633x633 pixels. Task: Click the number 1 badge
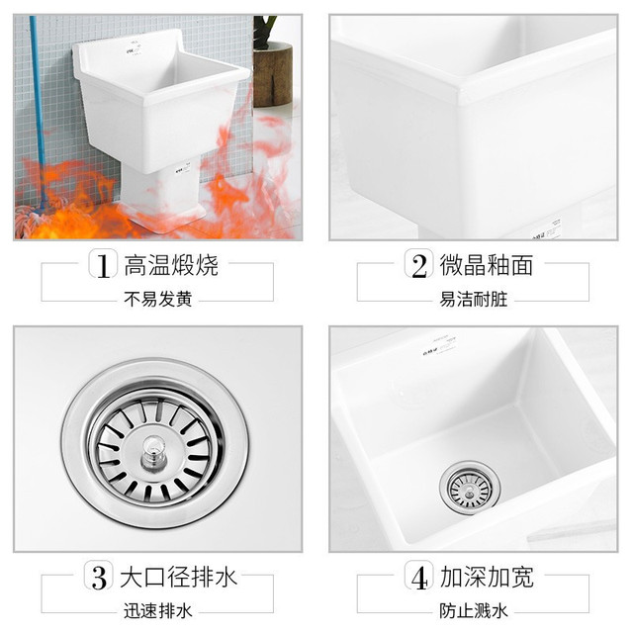point(103,264)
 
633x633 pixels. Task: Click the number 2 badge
point(419,264)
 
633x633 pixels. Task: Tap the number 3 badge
point(99,576)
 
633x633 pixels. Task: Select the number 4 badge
point(419,576)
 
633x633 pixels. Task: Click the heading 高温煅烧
point(171,265)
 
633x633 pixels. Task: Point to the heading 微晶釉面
point(487,265)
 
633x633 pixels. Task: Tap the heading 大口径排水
point(178,577)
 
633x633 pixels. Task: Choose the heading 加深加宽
point(487,577)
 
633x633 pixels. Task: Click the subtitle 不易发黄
point(158,299)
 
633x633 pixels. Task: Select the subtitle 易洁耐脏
point(474,299)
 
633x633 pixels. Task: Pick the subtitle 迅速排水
point(158,611)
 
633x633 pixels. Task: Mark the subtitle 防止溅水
point(474,611)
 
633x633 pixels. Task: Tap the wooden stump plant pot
point(273,75)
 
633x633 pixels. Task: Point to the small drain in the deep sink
point(470,489)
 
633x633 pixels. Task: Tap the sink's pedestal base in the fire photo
point(161,198)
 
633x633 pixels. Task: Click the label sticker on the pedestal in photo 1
point(183,168)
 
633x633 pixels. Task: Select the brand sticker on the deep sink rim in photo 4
point(439,347)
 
